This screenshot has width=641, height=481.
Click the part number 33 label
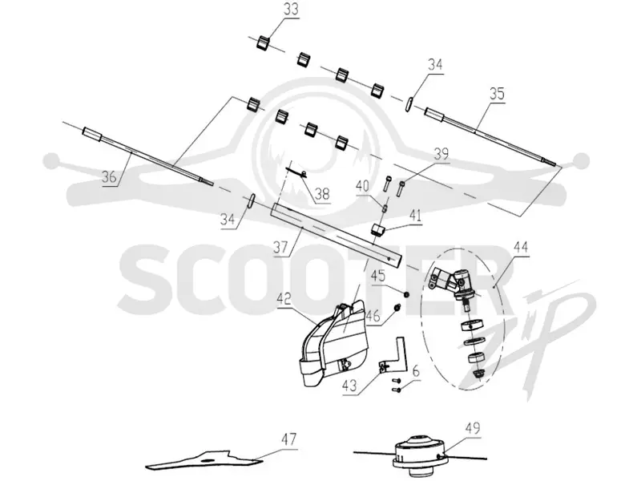[291, 9]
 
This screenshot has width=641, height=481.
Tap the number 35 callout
[497, 94]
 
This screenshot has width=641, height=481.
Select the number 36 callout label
[110, 176]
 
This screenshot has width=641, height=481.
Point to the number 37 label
[281, 247]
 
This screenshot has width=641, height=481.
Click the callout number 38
[322, 193]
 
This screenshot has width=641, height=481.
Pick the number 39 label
[441, 155]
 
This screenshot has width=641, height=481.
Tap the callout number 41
[415, 215]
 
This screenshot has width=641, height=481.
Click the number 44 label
[520, 247]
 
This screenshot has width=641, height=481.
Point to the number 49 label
[472, 428]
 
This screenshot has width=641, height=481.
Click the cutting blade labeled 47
[204, 459]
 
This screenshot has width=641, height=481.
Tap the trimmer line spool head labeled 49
[417, 452]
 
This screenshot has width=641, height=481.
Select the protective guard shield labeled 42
[334, 344]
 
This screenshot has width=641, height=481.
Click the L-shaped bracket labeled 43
[394, 354]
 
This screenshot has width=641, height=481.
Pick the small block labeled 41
[378, 229]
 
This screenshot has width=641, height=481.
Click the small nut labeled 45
[406, 294]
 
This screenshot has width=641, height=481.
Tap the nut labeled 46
[396, 307]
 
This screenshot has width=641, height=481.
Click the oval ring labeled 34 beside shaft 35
[409, 103]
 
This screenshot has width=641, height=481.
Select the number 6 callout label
[416, 372]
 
